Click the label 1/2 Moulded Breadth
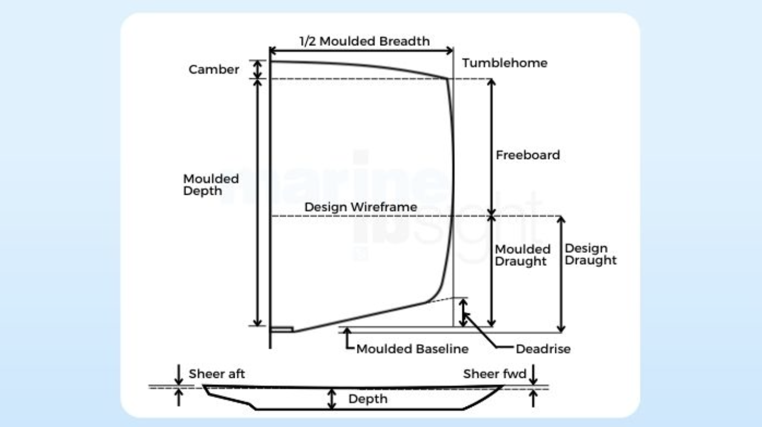pyautogui.click(x=364, y=41)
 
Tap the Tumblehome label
pyautogui.click(x=504, y=63)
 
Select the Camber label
pyautogui.click(x=214, y=69)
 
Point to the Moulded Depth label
pyautogui.click(x=211, y=185)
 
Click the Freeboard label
pyautogui.click(x=527, y=155)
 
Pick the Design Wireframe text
pyautogui.click(x=361, y=207)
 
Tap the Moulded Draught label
pyautogui.click(x=522, y=255)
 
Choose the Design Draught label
pyautogui.click(x=590, y=254)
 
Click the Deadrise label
pyautogui.click(x=542, y=349)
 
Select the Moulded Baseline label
pyautogui.click(x=412, y=349)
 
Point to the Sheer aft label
pyautogui.click(x=216, y=374)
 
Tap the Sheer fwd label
pyautogui.click(x=494, y=374)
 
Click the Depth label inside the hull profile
pyautogui.click(x=368, y=399)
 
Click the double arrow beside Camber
pyautogui.click(x=259, y=69)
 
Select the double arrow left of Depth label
pyautogui.click(x=332, y=399)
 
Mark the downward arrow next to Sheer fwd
pyautogui.click(x=533, y=374)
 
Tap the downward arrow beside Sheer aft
pyautogui.click(x=178, y=374)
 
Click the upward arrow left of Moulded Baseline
pyautogui.click(x=348, y=338)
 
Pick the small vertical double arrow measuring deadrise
pyautogui.click(x=464, y=312)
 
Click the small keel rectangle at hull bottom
pyautogui.click(x=282, y=329)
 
